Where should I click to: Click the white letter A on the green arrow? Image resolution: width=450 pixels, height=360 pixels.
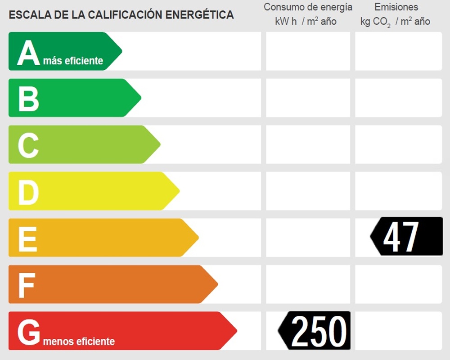point(29,53)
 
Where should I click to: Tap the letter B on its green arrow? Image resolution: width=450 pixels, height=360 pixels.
point(28,99)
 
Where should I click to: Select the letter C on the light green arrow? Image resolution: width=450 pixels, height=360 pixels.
point(28,145)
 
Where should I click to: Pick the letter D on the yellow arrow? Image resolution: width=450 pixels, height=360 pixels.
point(28,192)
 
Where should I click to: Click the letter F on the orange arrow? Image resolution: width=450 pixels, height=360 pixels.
point(27,285)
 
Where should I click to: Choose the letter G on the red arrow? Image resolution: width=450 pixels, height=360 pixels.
point(29,332)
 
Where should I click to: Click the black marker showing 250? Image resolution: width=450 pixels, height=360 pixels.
point(315,331)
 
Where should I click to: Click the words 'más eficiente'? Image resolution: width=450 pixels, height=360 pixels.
point(73,61)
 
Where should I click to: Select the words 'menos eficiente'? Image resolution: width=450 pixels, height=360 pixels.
point(79,342)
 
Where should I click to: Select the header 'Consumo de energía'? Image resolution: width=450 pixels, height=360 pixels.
point(308,7)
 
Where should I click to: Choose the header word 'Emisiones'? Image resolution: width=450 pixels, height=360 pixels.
point(396,7)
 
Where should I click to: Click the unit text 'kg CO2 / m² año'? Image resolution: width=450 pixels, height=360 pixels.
point(395,22)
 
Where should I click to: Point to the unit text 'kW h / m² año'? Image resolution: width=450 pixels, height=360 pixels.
point(306,22)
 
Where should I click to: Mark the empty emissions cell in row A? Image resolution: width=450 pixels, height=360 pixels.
point(398,51)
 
